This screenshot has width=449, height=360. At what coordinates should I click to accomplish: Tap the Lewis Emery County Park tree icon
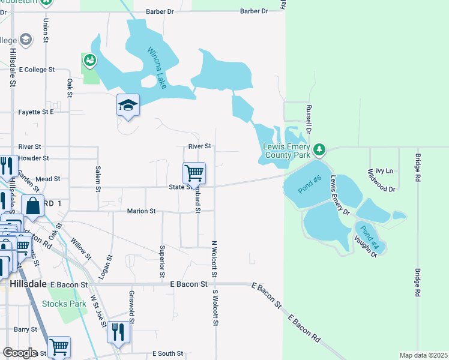[320, 148]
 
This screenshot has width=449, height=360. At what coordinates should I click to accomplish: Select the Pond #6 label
[309, 184]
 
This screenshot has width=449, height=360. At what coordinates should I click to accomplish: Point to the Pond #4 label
[367, 237]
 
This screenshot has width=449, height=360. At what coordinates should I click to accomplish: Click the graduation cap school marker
[128, 106]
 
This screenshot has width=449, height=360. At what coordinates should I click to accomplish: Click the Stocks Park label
[68, 304]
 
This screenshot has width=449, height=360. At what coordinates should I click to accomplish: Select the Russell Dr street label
[309, 119]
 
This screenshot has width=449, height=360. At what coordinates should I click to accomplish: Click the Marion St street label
[141, 211]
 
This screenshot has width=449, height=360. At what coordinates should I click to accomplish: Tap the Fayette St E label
[36, 112]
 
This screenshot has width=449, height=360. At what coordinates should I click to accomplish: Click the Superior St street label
[162, 257]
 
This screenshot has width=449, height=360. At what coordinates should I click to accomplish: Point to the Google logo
[20, 352]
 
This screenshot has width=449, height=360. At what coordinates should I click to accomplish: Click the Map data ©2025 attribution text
[423, 355]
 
